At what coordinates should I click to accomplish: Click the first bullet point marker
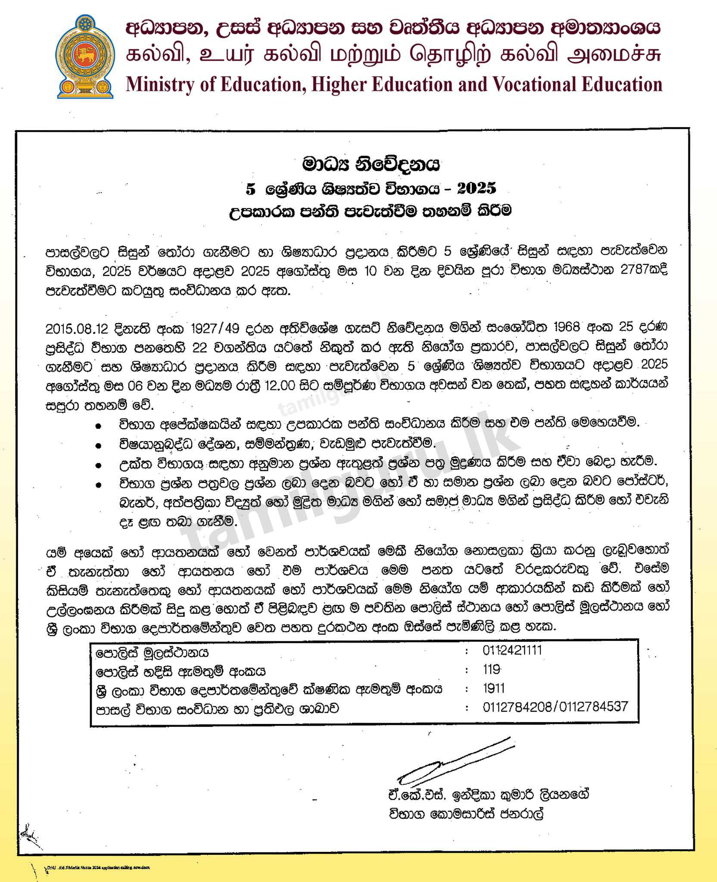coord(99,425)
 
